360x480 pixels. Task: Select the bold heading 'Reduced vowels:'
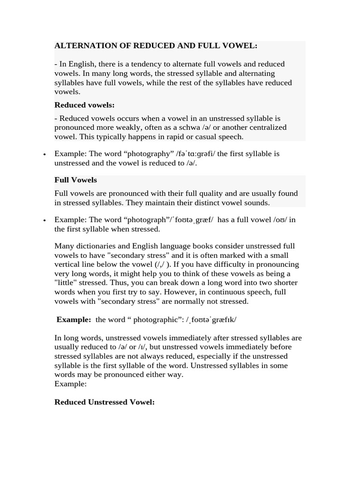tap(84, 105)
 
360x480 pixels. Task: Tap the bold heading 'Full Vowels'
tap(75, 180)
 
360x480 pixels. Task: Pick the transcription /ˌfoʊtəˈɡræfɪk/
tap(211, 320)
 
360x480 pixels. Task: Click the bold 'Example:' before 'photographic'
tap(74, 320)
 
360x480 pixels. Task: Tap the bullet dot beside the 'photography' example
tap(44, 154)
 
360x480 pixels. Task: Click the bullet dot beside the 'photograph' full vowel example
tap(44, 220)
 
